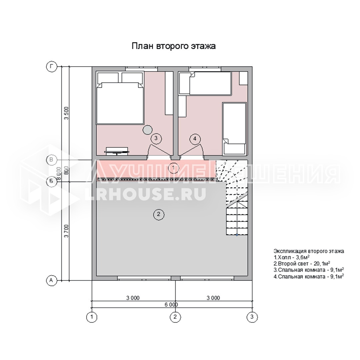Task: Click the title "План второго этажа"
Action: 174,46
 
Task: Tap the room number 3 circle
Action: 156,138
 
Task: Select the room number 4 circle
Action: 195,139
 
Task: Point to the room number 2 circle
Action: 159,214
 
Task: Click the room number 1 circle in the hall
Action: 174,168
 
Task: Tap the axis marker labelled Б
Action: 51,181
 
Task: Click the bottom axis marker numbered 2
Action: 175,317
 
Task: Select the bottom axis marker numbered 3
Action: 252,317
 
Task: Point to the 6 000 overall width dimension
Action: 171,305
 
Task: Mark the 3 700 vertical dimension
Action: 66,231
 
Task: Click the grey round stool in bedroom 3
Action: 147,130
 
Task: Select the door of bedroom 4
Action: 192,151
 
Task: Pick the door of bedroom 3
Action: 160,151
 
